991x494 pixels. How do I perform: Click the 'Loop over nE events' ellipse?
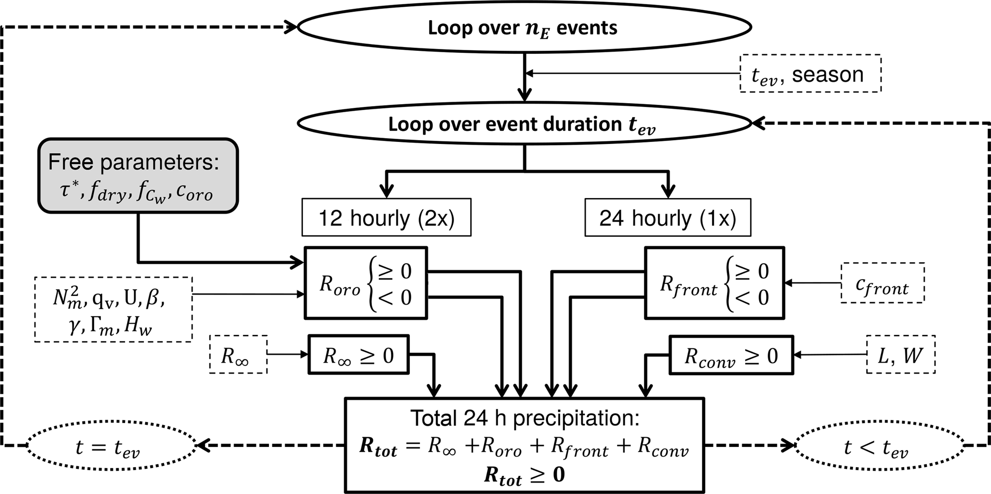(x=524, y=27)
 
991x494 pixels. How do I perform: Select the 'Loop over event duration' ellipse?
(x=524, y=124)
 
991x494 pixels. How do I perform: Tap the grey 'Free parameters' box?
(x=138, y=176)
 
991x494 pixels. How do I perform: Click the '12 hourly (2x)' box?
(x=386, y=218)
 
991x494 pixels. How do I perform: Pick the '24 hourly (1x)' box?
(x=667, y=218)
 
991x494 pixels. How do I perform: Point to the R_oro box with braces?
(x=366, y=283)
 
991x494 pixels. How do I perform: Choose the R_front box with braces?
(x=714, y=283)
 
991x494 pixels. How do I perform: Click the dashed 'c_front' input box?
(x=882, y=283)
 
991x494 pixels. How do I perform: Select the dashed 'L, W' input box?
(x=900, y=354)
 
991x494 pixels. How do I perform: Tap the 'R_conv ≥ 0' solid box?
(x=731, y=355)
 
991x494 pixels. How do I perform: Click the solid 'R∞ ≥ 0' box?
(x=359, y=355)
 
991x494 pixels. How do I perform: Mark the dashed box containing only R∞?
(x=238, y=355)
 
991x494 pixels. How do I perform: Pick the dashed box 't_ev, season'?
(x=810, y=73)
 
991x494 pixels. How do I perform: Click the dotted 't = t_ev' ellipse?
(x=111, y=446)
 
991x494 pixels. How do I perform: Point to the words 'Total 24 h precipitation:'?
(x=525, y=418)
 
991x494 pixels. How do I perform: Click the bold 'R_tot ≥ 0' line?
(x=525, y=475)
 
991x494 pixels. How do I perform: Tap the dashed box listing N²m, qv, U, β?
(x=113, y=309)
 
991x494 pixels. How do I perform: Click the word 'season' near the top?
(x=828, y=74)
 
